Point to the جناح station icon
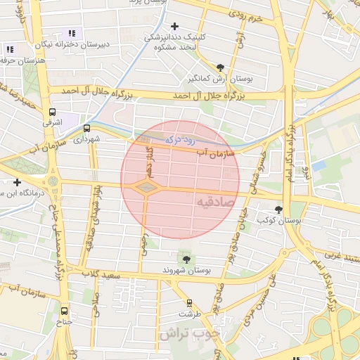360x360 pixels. pyautogui.click(x=65, y=310)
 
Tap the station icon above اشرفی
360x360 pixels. pyautogui.click(x=52, y=112)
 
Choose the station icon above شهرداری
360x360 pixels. pyautogui.click(x=87, y=129)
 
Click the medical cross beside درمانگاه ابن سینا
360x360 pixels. pyautogui.click(x=17, y=182)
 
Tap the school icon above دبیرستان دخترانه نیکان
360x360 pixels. pyautogui.click(x=71, y=33)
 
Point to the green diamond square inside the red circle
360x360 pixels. pyautogui.click(x=146, y=187)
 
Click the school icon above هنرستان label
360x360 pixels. pyautogui.click(x=10, y=50)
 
